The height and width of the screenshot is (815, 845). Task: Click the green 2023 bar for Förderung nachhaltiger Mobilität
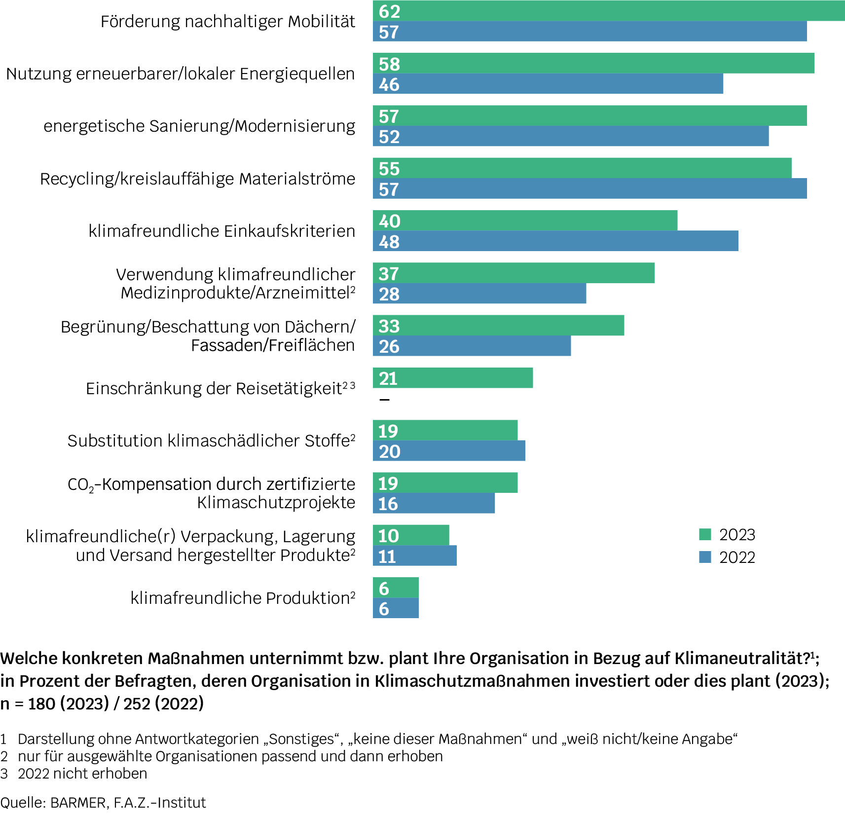coord(609,10)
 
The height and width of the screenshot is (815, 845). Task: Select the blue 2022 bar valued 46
coord(548,84)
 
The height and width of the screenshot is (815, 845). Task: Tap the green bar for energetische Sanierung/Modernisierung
coord(589,115)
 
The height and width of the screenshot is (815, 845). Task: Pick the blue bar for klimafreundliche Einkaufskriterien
coord(555,241)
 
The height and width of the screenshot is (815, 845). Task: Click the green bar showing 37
coord(514,273)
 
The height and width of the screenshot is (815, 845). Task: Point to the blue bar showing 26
coord(472,346)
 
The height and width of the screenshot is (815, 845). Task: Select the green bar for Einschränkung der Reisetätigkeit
coord(453,378)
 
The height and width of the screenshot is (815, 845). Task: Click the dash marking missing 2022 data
coord(384,400)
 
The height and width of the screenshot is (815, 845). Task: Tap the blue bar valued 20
coord(449,451)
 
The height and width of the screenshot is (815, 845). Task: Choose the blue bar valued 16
coord(434,503)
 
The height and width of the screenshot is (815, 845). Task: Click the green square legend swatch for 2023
coord(705,534)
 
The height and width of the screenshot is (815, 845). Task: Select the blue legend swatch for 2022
coord(705,557)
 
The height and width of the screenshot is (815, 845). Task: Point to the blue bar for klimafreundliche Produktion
coord(396,608)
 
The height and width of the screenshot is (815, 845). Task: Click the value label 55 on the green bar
coord(389,169)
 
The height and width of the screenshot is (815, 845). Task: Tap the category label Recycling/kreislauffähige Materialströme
coord(197,179)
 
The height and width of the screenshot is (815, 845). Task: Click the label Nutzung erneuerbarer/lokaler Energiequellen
coord(181,74)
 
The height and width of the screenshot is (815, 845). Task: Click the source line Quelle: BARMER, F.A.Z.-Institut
coord(103,803)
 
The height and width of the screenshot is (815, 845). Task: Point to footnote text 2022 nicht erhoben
coord(82,774)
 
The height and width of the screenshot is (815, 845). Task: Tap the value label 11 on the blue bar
coord(387,556)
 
